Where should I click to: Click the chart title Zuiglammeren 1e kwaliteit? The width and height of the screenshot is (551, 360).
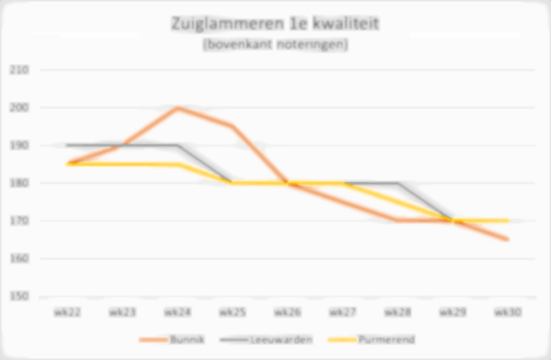pyautogui.click(x=275, y=24)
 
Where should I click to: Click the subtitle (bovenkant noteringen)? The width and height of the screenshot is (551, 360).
pyautogui.click(x=275, y=45)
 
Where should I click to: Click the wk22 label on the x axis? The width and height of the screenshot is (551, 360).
pyautogui.click(x=67, y=312)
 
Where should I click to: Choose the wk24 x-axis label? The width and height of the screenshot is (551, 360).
pyautogui.click(x=178, y=312)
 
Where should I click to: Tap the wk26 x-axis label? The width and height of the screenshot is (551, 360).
pyautogui.click(x=287, y=312)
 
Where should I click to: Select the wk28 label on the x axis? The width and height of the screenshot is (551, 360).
pyautogui.click(x=398, y=312)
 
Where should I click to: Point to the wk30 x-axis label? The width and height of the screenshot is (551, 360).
pyautogui.click(x=507, y=312)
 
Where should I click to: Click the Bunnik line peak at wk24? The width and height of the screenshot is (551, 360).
pyautogui.click(x=178, y=108)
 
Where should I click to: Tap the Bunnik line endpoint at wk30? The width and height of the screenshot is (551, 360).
pyautogui.click(x=507, y=239)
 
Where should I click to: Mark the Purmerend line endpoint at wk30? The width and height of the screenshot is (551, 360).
pyautogui.click(x=507, y=221)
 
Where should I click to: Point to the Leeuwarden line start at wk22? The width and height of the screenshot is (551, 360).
pyautogui.click(x=67, y=145)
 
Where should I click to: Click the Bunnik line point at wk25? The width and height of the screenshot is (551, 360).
pyautogui.click(x=232, y=126)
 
